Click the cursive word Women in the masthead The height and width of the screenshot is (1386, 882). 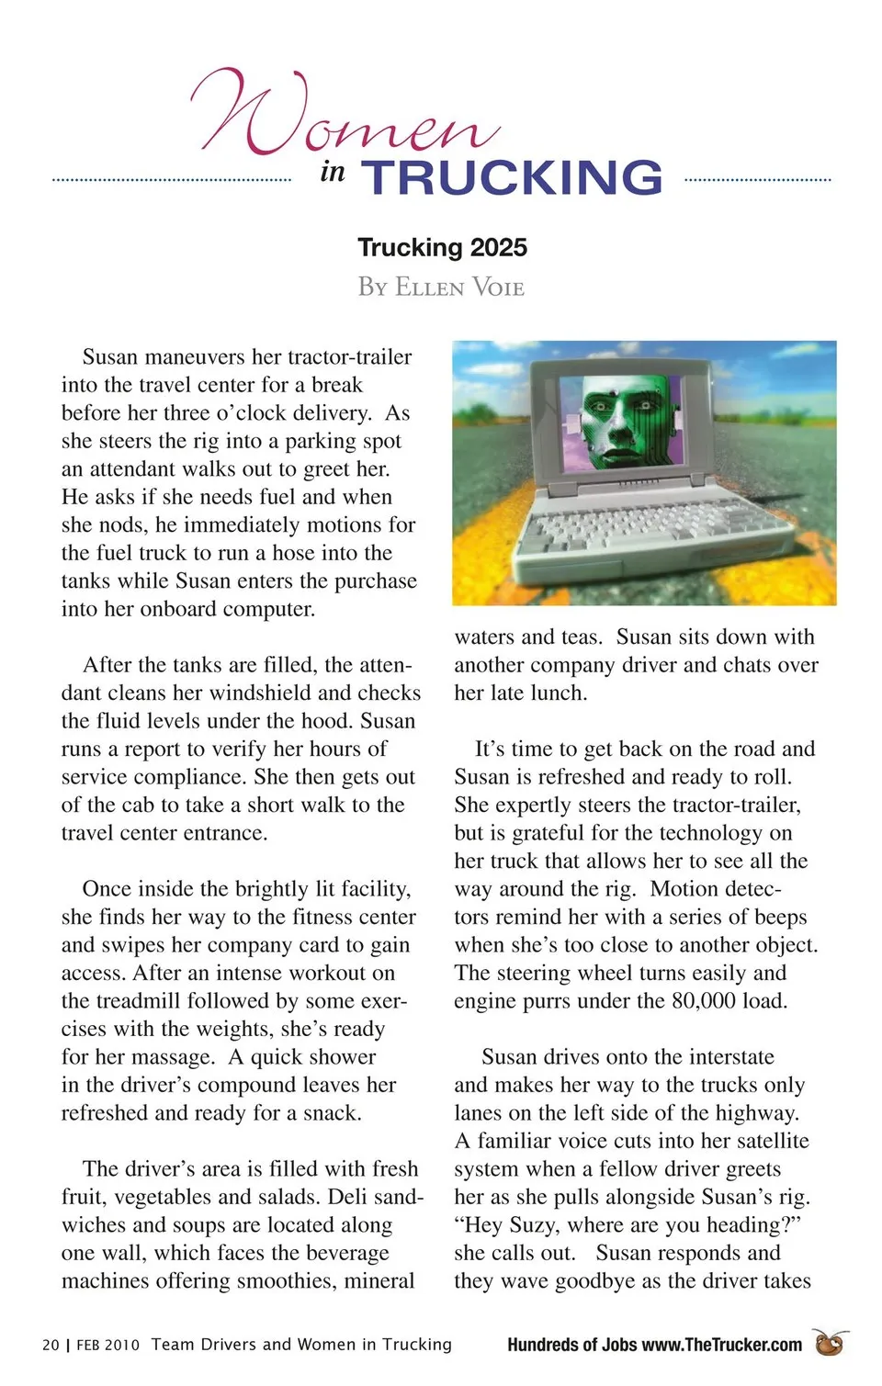tap(345, 115)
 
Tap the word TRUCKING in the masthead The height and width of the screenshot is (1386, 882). tap(512, 177)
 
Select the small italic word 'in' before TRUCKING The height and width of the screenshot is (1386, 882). tap(333, 172)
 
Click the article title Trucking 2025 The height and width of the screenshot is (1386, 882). tap(442, 247)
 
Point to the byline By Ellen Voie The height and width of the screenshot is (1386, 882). tap(441, 287)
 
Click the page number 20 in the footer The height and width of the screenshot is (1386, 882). tap(51, 1345)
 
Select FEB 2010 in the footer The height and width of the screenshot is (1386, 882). tap(107, 1345)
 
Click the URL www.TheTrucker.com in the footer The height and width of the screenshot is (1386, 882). tap(721, 1345)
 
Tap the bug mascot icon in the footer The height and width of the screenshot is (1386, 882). tap(831, 1342)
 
